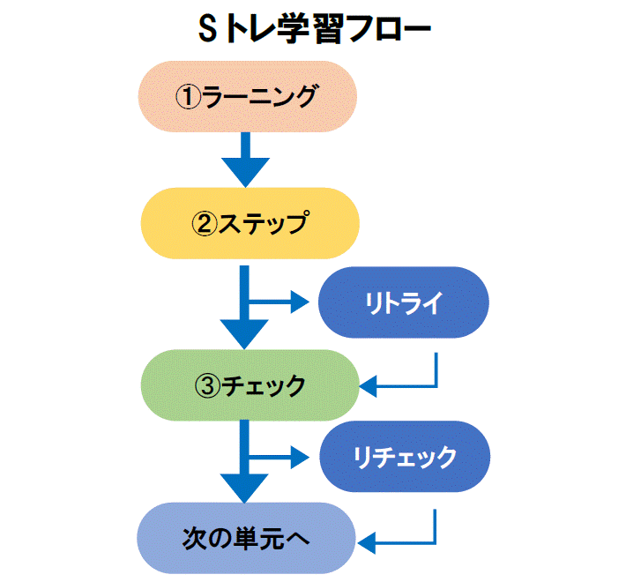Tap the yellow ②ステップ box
click(250, 223)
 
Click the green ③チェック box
click(250, 385)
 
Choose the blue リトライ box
click(403, 302)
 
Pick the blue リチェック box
click(404, 457)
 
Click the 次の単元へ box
click(247, 538)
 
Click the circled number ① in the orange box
click(189, 97)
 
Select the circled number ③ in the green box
click(208, 385)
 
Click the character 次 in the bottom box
click(195, 538)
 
